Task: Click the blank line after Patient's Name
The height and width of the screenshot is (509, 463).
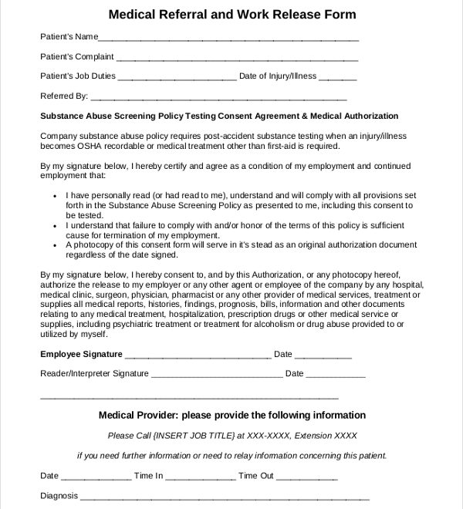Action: [x=229, y=39]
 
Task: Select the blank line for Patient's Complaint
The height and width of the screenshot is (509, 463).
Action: [x=237, y=59]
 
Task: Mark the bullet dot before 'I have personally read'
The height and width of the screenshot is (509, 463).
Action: [x=56, y=195]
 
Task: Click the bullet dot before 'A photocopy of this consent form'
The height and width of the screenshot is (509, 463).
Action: [x=56, y=244]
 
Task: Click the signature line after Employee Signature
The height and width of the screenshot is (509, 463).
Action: [x=198, y=356]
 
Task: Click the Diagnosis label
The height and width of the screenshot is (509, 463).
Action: [x=59, y=496]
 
